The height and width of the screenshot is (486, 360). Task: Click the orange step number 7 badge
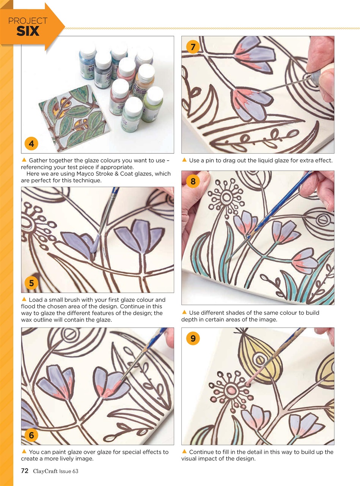[193, 47]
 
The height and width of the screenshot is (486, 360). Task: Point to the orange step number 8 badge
[193, 181]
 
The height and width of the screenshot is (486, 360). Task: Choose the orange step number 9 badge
[193, 338]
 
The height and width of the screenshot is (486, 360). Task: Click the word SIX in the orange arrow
[28, 32]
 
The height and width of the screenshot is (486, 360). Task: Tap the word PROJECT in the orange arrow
[28, 21]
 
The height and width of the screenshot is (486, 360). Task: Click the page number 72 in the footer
[25, 471]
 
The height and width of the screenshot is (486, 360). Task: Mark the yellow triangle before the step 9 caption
[184, 451]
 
